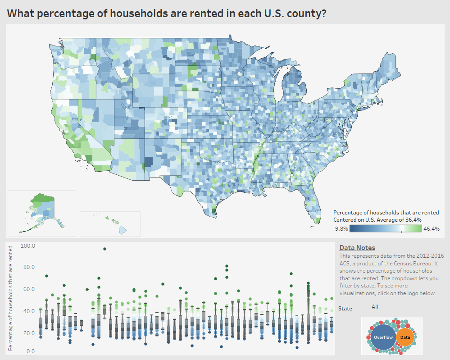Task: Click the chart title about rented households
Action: pos(167,14)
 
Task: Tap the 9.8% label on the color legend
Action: pos(341,229)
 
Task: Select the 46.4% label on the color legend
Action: pos(431,229)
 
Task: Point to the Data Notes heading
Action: pos(357,248)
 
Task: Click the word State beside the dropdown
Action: pos(345,309)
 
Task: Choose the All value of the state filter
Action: pos(375,307)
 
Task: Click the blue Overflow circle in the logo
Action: pos(383,337)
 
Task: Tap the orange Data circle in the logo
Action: pos(405,337)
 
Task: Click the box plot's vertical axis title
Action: pos(10,298)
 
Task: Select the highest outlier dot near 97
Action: pos(105,249)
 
